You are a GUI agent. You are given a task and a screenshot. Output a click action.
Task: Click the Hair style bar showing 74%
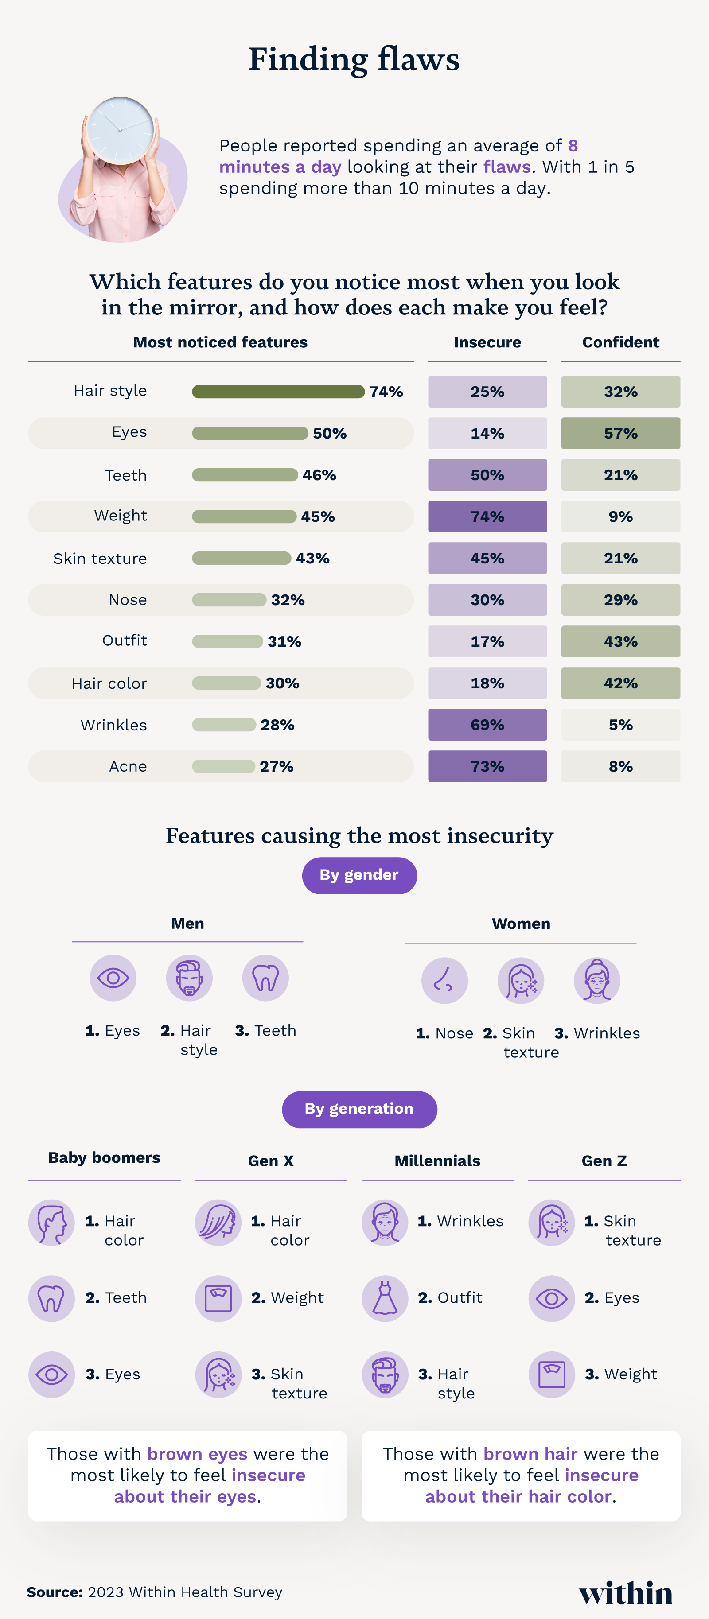click(x=278, y=392)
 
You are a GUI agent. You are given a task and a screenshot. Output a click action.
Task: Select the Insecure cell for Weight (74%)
click(x=487, y=516)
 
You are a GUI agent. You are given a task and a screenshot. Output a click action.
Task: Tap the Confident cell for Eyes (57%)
click(x=620, y=433)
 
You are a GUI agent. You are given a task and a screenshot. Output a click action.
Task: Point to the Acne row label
click(x=128, y=766)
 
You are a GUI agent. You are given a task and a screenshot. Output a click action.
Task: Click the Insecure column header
click(x=487, y=342)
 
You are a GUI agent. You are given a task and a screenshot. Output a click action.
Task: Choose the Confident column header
click(x=620, y=342)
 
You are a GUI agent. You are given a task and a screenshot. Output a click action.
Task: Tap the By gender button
click(x=359, y=875)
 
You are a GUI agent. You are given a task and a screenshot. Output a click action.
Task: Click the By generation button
click(x=359, y=1109)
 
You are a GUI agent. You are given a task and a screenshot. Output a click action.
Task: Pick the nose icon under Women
click(x=444, y=980)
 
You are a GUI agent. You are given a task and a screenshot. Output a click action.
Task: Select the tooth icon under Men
click(x=265, y=978)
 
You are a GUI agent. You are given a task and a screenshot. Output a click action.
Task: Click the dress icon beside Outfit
click(x=385, y=1298)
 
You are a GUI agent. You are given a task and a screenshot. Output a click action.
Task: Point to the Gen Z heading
click(x=604, y=1161)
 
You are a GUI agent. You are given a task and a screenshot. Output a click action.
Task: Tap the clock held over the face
click(x=120, y=130)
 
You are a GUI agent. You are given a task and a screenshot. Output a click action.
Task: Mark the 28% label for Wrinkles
click(x=277, y=725)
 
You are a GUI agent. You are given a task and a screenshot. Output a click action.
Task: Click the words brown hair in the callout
click(x=530, y=1454)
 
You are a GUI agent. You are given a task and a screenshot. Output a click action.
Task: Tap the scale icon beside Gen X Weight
click(x=218, y=1298)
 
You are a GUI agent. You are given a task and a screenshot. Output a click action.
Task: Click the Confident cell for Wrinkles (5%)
click(x=620, y=725)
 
